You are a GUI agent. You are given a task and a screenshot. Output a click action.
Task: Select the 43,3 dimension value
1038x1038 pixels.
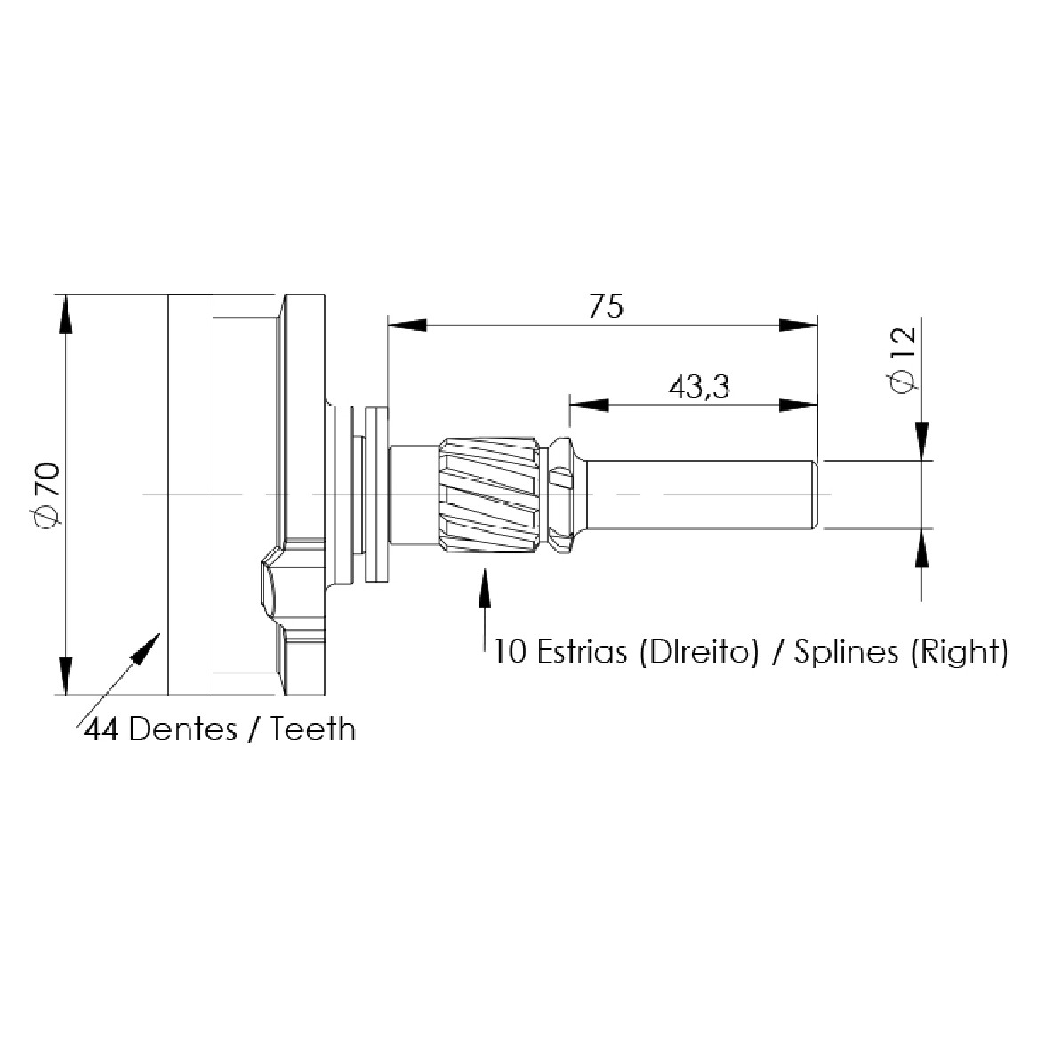pyautogui.click(x=699, y=387)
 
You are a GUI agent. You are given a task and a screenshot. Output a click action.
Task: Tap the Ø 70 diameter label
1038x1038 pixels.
pyautogui.click(x=48, y=496)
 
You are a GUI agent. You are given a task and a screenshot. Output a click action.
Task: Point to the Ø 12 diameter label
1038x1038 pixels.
pyautogui.click(x=904, y=361)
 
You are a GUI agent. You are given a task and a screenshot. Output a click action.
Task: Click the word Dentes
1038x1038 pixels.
pyautogui.click(x=182, y=729)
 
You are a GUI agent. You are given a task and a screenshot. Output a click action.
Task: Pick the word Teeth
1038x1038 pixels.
pyautogui.click(x=312, y=729)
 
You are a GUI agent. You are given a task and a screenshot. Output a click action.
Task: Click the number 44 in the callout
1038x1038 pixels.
pyautogui.click(x=101, y=729)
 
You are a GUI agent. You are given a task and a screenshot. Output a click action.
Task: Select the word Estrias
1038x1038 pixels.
pyautogui.click(x=582, y=651)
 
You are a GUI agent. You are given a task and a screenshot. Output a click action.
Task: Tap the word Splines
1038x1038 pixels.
pyautogui.click(x=847, y=653)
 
